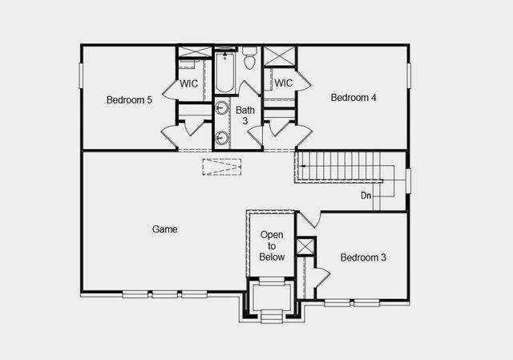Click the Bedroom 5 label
[x=129, y=100]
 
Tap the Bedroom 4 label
[x=353, y=98]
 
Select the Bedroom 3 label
[x=363, y=257]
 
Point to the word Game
[x=164, y=229]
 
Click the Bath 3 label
[x=246, y=115]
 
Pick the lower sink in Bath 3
[x=222, y=137]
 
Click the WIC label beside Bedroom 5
[x=189, y=83]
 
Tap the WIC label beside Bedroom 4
[x=284, y=83]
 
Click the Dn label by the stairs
[x=366, y=195]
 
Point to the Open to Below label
[x=272, y=246]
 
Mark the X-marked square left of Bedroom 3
[x=305, y=246]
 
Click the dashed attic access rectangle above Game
[x=221, y=167]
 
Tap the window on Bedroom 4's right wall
[x=408, y=75]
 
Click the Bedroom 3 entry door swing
[x=309, y=219]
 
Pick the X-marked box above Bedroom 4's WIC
[x=280, y=56]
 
